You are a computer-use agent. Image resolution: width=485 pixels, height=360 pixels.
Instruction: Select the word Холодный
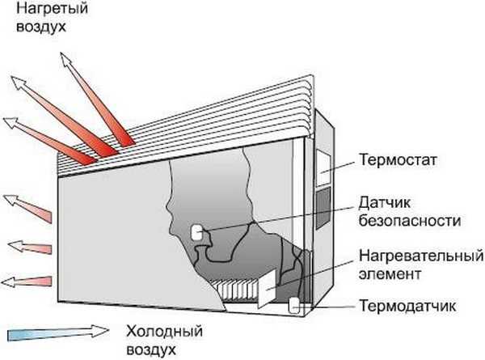[165, 332]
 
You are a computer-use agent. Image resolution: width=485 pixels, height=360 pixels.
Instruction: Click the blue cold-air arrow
[57, 332]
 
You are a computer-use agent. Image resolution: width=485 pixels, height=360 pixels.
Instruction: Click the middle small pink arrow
[29, 244]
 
